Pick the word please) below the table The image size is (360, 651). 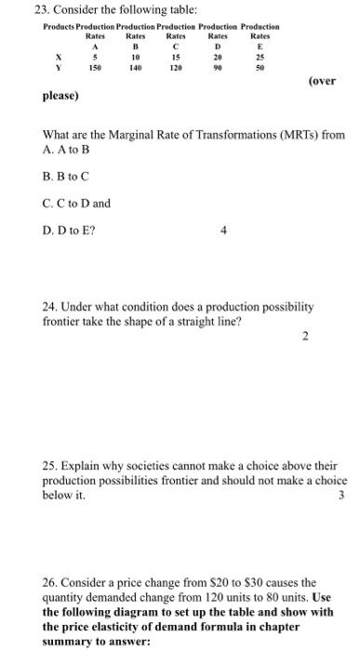point(60,96)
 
